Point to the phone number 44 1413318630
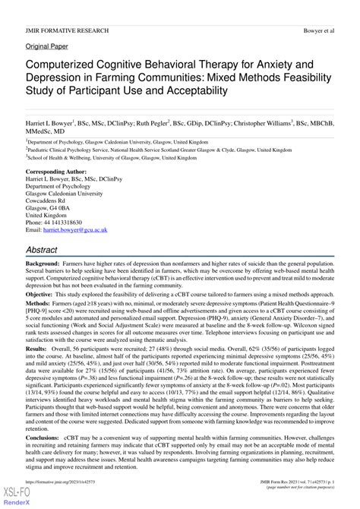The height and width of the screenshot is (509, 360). [67, 221]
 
